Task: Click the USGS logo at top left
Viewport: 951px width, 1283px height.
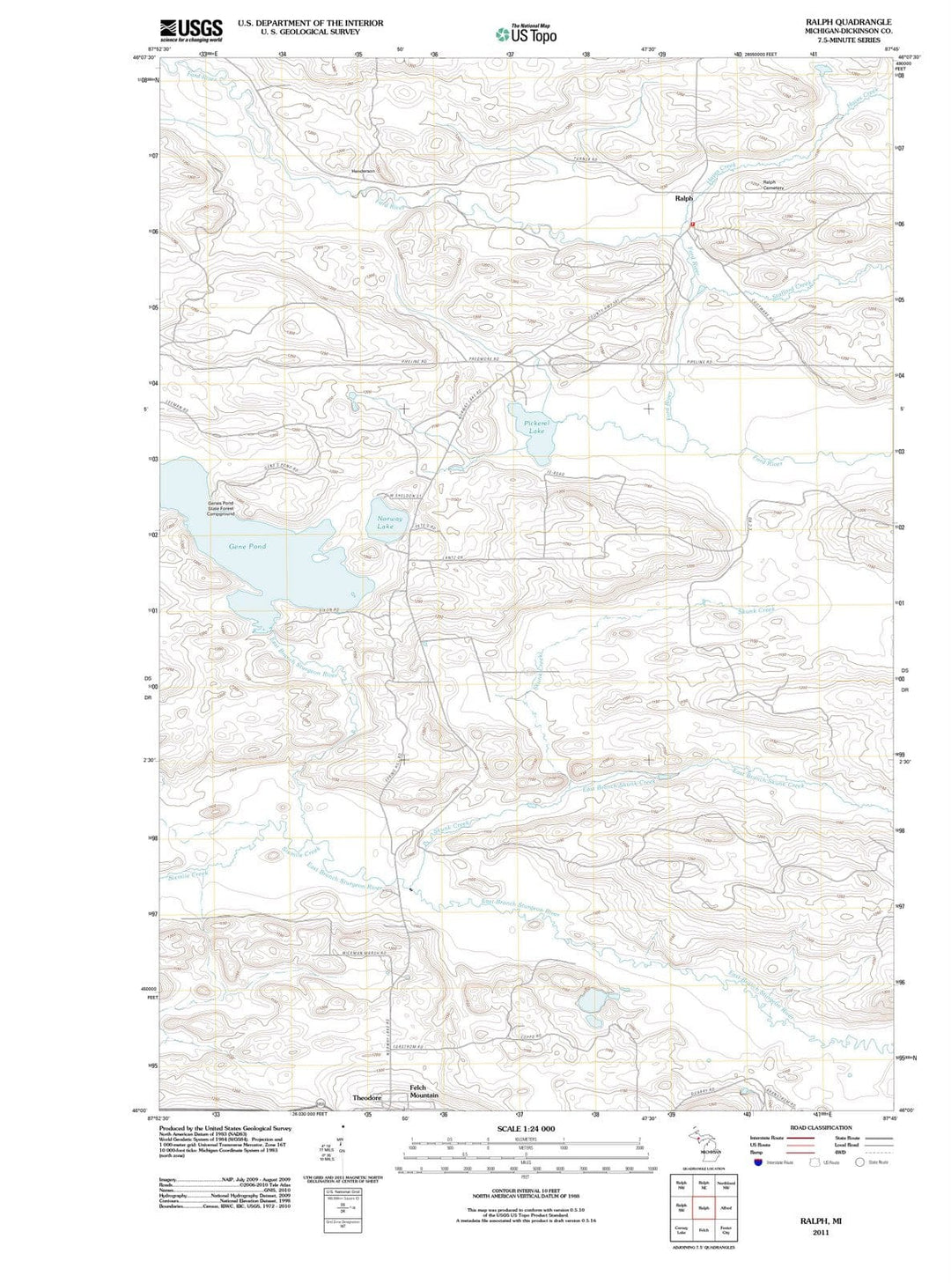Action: (191, 30)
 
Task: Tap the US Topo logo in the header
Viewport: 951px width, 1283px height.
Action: (526, 34)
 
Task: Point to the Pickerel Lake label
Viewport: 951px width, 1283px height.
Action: (534, 427)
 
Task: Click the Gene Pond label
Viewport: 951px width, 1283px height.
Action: (247, 547)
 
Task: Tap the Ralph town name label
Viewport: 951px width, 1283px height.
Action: (683, 199)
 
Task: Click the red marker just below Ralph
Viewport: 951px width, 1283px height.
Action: (693, 225)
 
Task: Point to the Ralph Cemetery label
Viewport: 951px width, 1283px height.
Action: (773, 185)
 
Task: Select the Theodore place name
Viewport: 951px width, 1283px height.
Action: (367, 1098)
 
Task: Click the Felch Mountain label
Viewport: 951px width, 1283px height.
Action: (423, 1092)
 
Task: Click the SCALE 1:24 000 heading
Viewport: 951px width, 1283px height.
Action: (526, 1129)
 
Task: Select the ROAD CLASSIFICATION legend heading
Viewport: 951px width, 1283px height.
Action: (821, 1128)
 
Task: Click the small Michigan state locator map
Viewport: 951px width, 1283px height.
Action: (702, 1142)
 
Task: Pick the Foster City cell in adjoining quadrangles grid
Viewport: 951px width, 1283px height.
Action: (726, 1230)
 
